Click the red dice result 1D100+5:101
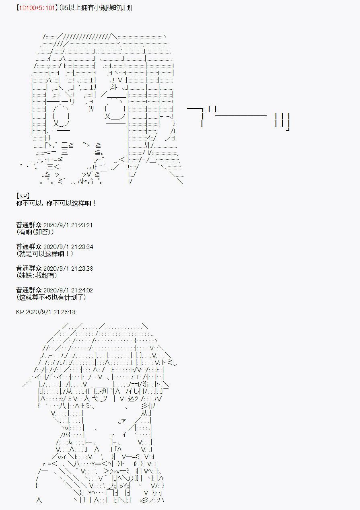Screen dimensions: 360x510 [x=37, y=8]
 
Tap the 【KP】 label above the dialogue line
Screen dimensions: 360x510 [x=23, y=196]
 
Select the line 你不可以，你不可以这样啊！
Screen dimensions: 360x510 [x=56, y=203]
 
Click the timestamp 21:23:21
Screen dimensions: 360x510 [x=82, y=225]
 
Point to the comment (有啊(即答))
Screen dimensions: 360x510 [x=35, y=232]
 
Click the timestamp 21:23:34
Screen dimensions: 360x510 [x=82, y=247]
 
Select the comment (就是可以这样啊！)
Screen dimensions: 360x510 [x=45, y=254]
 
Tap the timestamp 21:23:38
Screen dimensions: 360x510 [x=82, y=269]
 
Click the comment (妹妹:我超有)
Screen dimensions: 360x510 [x=37, y=276]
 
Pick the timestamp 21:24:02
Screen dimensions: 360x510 [x=82, y=290]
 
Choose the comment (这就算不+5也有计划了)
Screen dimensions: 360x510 [x=51, y=297]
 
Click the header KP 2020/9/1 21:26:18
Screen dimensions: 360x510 [x=46, y=312]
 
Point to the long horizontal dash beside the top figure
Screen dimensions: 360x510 [x=241, y=116]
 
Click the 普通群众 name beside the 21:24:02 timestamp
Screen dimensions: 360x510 [x=29, y=290]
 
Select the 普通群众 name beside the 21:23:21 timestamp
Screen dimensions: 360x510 [x=29, y=225]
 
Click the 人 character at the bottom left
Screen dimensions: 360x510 [x=39, y=500]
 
